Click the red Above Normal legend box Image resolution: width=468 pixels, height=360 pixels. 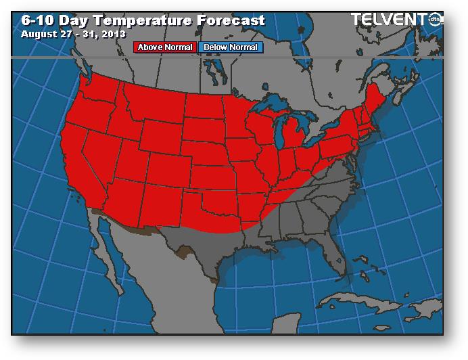tap(166, 47)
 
